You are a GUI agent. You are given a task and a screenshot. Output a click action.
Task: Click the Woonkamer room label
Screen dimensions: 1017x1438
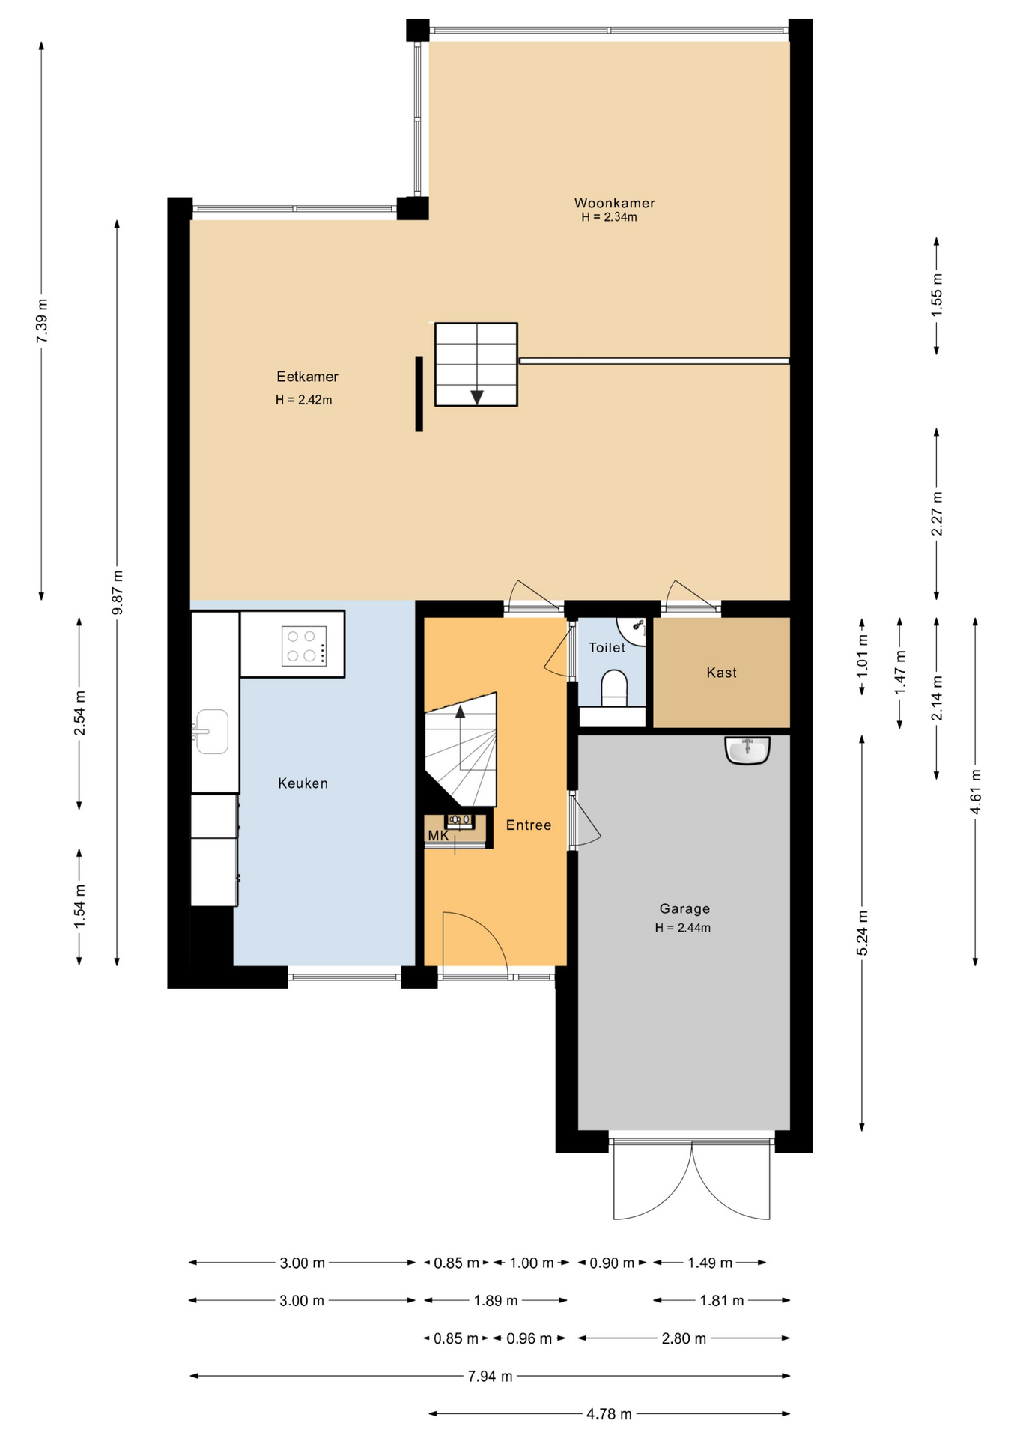614,203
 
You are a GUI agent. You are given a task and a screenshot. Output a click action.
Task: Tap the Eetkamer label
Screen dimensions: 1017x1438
307,377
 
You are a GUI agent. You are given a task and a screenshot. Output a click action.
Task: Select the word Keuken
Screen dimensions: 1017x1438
303,783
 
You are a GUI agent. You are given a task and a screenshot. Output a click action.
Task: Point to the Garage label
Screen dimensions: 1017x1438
684,908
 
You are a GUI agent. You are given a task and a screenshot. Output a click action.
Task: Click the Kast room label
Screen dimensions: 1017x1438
721,673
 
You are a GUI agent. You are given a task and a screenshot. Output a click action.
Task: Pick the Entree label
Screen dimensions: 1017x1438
529,825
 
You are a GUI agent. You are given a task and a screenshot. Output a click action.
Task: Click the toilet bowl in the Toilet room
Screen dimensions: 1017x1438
614,688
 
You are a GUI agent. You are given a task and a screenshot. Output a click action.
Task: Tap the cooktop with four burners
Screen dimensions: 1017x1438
304,646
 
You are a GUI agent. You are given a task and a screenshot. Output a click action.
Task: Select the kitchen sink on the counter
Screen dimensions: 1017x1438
212,731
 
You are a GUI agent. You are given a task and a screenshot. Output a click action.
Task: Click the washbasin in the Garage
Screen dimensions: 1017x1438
747,750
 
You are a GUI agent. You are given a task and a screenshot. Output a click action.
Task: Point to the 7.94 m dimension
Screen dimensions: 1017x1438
491,1375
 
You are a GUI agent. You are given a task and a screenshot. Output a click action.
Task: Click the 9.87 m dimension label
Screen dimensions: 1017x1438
118,592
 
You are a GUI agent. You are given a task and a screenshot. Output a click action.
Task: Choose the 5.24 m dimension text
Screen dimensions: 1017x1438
862,932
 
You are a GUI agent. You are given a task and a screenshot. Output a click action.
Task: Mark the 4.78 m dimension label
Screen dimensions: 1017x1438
609,1413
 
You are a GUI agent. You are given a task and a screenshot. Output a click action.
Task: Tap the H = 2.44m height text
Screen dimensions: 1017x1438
683,928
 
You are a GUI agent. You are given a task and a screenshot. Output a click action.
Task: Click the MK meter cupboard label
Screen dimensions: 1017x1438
438,835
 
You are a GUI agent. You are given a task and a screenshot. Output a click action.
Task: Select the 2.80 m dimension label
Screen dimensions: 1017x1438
684,1338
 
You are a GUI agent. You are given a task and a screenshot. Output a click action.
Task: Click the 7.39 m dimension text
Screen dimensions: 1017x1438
42,321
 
